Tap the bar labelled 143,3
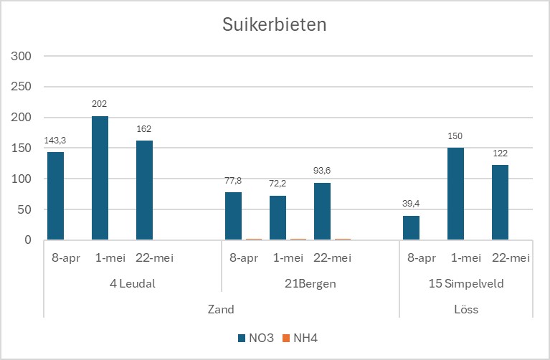point(56,196)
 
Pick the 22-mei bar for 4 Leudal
point(144,190)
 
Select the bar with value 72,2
point(278,217)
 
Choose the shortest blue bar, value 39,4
point(412,227)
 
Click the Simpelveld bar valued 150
point(455,194)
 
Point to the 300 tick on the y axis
point(23,56)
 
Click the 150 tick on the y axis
point(23,148)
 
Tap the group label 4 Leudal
point(133,284)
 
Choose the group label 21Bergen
point(310,284)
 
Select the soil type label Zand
point(222,310)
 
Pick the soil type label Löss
point(466,310)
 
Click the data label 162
point(144,129)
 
